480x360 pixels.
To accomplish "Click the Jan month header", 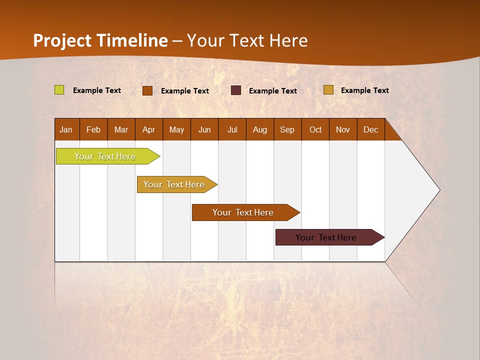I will [x=66, y=129].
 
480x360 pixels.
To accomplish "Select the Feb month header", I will [x=93, y=129].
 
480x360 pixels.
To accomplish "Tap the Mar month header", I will [x=121, y=129].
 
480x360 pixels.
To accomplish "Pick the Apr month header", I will [x=149, y=129].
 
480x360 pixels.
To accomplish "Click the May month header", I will [x=176, y=129].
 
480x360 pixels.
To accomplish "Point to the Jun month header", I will [x=204, y=129].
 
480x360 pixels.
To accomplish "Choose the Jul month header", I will [x=232, y=129].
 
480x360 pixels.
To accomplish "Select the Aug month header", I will [x=260, y=129].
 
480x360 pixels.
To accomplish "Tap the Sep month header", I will [x=287, y=129].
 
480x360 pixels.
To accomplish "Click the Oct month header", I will [x=315, y=129].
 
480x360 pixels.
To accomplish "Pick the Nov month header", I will [x=343, y=129].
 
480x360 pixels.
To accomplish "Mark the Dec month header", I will [x=371, y=129].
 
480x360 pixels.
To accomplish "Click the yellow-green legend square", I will [x=59, y=90].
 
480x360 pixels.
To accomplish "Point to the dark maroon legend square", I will [x=236, y=90].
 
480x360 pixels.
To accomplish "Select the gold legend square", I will [x=328, y=90].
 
